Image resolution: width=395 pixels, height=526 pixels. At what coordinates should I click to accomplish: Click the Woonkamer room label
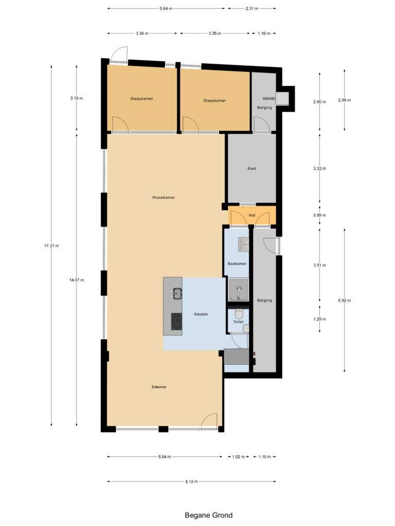pos(163,198)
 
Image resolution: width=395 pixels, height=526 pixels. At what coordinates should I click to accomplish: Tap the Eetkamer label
pos(159,387)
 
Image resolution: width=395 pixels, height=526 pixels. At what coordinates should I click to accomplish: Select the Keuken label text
pos(201,314)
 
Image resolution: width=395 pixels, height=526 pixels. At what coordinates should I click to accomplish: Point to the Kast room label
pos(252,168)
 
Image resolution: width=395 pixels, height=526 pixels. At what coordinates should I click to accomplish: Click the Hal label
pos(252,215)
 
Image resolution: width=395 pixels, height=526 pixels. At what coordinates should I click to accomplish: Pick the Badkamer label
pos(237,264)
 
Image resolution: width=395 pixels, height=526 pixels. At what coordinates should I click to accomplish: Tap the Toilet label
pos(238,322)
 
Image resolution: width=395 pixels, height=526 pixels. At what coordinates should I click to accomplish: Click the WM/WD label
pos(268,99)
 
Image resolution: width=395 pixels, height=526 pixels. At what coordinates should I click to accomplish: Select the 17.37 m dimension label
pos(51,246)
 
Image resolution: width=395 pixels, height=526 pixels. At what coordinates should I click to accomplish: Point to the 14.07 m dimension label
pos(77,280)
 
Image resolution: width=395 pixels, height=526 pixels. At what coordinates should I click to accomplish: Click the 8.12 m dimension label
pos(191,482)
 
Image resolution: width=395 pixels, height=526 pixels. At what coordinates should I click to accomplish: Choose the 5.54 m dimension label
pos(165,457)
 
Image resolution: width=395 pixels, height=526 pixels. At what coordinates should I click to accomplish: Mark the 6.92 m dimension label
pos(344,300)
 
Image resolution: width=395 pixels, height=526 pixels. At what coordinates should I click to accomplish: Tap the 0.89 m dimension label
pos(319,215)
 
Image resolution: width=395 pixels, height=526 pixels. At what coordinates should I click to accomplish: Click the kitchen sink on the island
pos(177,293)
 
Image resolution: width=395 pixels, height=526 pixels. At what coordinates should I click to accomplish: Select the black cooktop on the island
pos(176,322)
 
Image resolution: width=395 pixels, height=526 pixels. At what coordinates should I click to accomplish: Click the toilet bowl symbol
pos(239,314)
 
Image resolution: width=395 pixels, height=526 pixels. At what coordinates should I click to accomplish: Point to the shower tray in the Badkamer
pos(239,290)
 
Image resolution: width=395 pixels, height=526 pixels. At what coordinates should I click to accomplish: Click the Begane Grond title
pos(209,515)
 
